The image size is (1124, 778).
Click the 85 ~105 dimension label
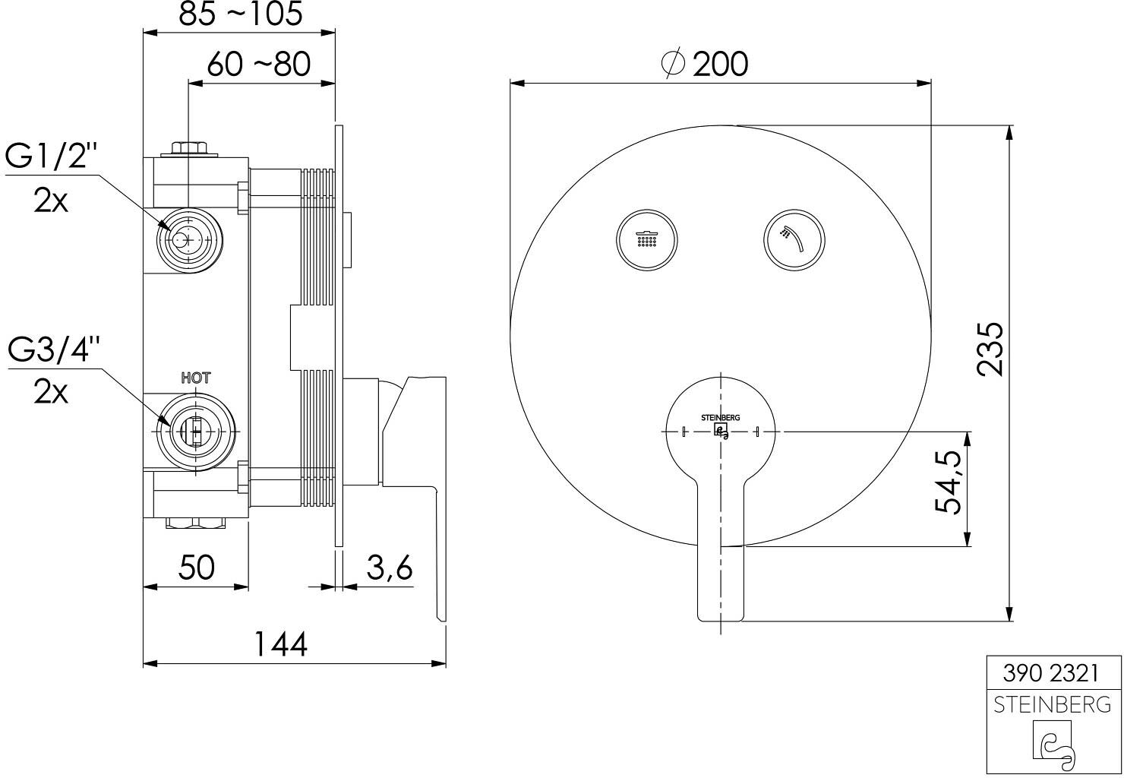(x=241, y=14)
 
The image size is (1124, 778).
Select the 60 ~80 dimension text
(x=259, y=65)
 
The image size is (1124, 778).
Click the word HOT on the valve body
(x=196, y=378)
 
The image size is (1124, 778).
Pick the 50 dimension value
(x=196, y=568)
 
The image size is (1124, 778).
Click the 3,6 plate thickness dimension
(x=390, y=568)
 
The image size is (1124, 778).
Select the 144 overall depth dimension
(x=281, y=644)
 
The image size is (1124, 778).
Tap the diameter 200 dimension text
(x=705, y=64)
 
